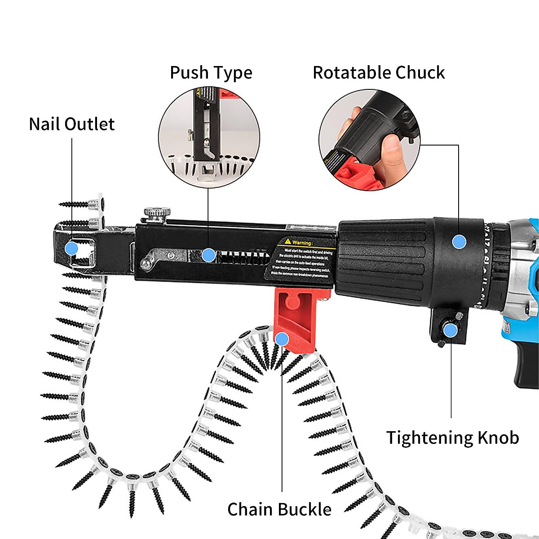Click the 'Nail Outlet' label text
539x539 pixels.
click(72, 124)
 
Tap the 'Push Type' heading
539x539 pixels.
click(211, 73)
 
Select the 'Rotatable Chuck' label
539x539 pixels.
click(379, 73)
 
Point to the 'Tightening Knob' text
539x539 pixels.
click(452, 437)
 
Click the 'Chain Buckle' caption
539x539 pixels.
click(279, 509)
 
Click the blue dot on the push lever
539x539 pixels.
click(208, 256)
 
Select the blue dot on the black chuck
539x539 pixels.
click(459, 242)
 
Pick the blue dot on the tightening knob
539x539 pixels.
click(451, 331)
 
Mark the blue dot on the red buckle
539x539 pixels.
click(282, 339)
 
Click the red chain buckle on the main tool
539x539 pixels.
click(296, 314)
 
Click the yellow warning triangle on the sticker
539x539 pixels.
click(288, 242)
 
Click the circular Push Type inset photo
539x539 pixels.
click(209, 137)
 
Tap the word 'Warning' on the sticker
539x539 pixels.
click(302, 243)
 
